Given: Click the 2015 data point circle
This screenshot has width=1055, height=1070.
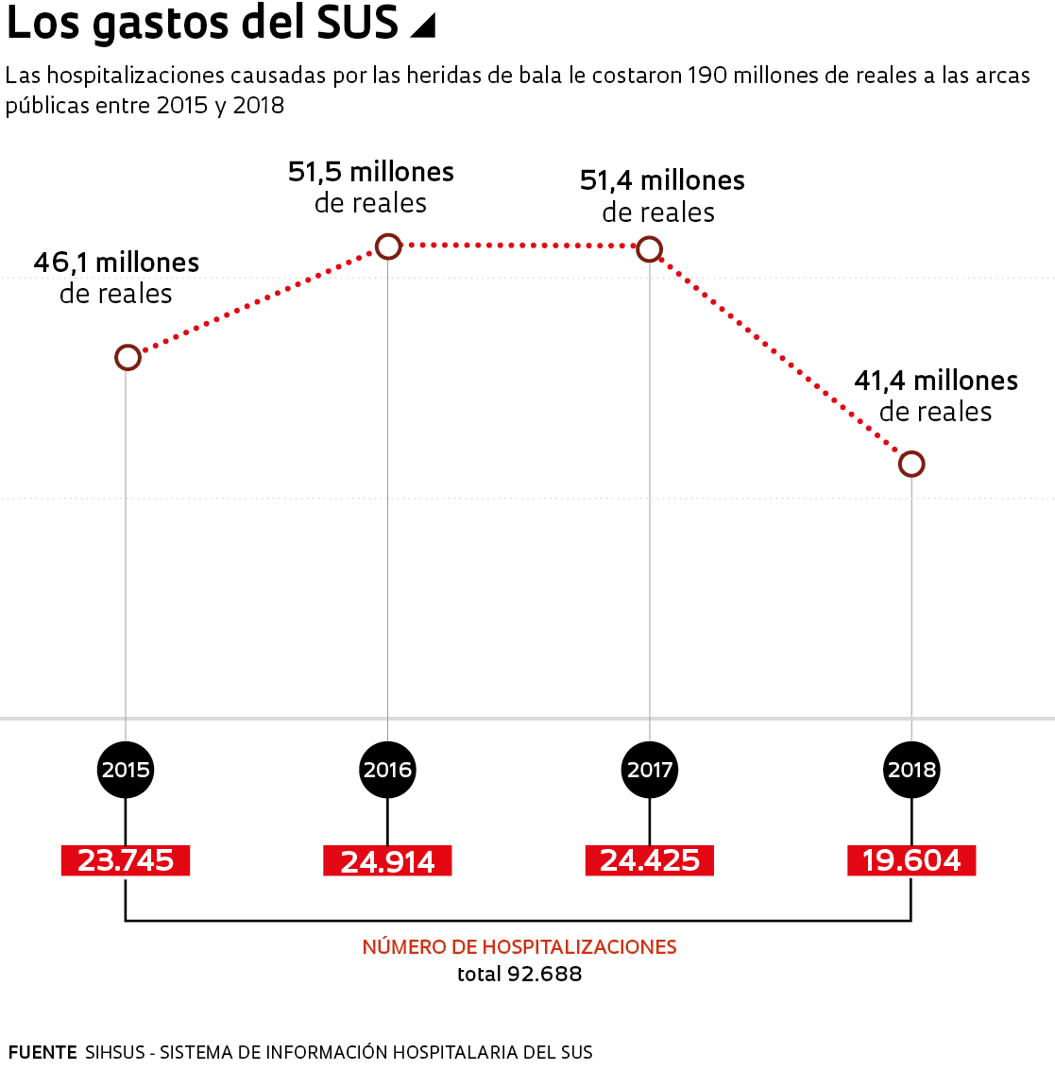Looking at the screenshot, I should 128,357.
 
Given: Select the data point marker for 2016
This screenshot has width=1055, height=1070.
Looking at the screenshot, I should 388,246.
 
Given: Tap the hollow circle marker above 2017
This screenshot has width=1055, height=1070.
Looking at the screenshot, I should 649,249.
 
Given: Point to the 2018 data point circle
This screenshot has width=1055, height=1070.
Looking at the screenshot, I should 911,464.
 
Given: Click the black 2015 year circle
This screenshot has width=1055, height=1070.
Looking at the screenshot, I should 126,769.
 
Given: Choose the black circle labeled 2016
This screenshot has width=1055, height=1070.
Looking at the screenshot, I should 387,769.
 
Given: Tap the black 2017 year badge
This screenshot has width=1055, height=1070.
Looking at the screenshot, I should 650,769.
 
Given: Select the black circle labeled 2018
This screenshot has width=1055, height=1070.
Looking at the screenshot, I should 911,769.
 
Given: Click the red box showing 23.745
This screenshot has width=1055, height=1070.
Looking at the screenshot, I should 126,860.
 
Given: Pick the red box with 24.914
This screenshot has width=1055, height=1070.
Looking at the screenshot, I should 387,861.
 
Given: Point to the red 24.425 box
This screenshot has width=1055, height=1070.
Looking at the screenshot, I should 650,860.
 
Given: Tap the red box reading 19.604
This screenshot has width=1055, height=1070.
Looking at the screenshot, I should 911,860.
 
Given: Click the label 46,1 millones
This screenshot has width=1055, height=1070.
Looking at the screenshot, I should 116,263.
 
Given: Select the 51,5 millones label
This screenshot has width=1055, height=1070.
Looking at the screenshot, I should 371,172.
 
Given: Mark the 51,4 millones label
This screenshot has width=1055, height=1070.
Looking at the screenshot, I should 662,180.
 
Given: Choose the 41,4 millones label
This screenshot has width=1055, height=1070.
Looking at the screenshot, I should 936,381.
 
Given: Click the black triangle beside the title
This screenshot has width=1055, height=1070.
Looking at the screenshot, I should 424,26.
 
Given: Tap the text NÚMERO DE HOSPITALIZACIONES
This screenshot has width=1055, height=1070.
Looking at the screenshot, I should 519,947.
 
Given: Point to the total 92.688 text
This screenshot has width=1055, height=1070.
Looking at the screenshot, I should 519,974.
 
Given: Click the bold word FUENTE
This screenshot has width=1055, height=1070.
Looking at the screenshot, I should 43,1052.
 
